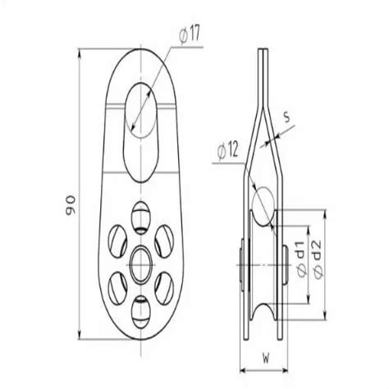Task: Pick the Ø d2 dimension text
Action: click(325, 246)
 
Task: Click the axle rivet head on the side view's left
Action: click(245, 255)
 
